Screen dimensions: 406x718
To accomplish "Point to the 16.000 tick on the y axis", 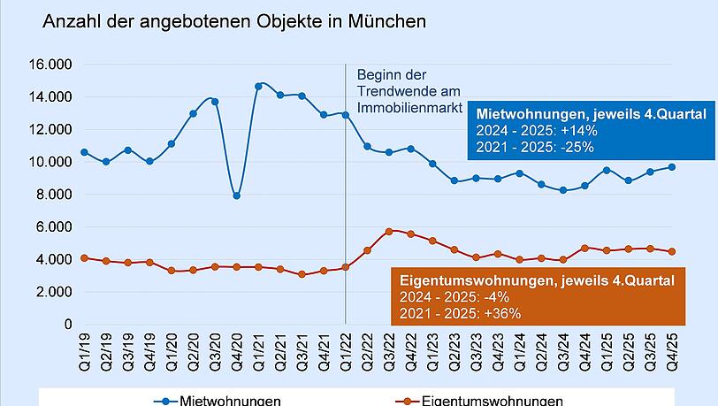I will pos(50,65).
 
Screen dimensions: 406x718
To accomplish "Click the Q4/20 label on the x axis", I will pos(236,351).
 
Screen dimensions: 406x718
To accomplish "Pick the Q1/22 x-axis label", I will pos(345,351).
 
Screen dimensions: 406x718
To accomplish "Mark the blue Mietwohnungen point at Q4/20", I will pos(236,195).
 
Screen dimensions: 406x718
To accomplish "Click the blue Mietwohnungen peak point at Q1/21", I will pos(258,87).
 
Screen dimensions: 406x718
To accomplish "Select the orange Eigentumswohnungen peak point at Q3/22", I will pos(388,232).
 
